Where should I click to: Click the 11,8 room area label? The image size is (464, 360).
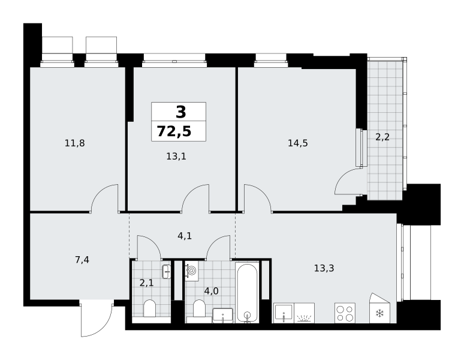74,143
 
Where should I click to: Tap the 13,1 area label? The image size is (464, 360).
176,156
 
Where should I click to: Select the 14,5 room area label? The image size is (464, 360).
298,143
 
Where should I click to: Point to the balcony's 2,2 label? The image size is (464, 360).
382,137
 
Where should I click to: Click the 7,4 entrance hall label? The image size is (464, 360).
82,260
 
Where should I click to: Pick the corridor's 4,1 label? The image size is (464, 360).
185,236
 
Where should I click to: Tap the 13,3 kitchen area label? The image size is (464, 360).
324,268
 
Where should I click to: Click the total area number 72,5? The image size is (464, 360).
174,131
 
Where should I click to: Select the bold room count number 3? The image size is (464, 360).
181,112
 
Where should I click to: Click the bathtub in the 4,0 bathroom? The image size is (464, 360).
247,292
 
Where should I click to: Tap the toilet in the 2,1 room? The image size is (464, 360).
149,308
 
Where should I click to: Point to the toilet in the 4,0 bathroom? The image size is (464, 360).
199,308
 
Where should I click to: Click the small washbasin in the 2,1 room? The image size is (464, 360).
167,271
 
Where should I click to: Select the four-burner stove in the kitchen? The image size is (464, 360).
345,313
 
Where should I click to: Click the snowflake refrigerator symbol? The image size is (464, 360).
379,313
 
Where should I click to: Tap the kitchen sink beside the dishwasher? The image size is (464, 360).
284,313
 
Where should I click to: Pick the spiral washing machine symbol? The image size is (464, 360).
191,271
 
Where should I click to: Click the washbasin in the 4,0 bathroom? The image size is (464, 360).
222,316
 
